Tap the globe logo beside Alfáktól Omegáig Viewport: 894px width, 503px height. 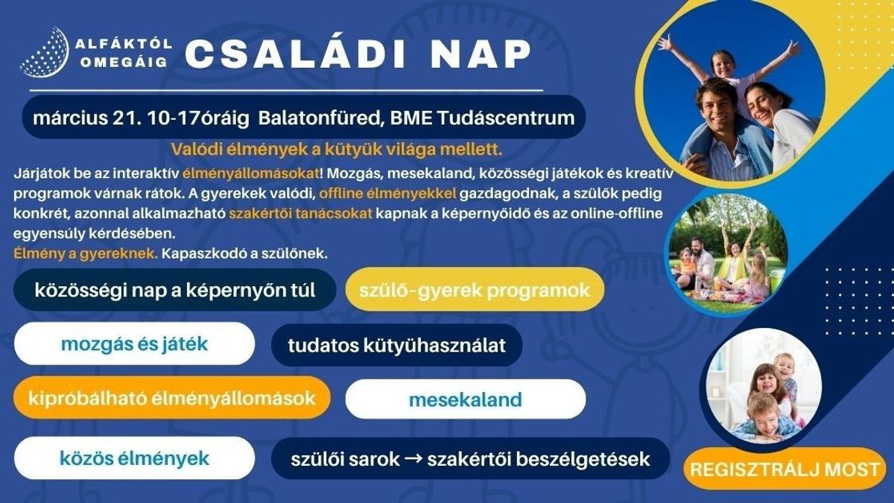pos(44,52)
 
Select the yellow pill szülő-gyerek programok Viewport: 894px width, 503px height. pos(474,290)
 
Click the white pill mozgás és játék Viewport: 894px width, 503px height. pos(134,344)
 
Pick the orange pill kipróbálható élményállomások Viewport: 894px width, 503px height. pos(171,397)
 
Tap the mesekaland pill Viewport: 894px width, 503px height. pos(465,399)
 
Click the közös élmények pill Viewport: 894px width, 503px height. pos(134,458)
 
